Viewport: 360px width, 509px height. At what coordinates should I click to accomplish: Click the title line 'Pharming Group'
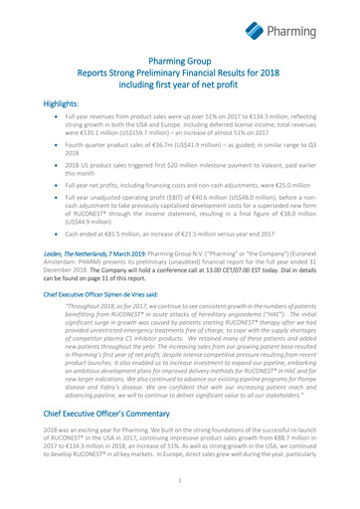[x=180, y=61]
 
